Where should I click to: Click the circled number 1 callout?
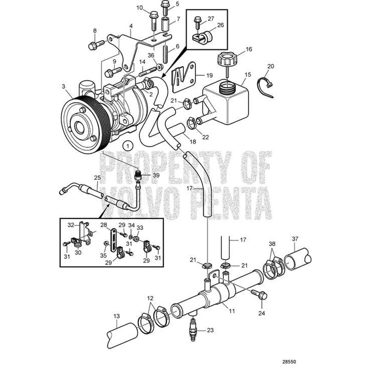[128, 146]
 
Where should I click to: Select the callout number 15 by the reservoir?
[248, 75]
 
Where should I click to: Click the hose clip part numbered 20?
[265, 86]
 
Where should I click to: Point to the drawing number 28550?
[289, 362]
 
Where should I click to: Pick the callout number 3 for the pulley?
[63, 86]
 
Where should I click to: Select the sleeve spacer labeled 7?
[166, 24]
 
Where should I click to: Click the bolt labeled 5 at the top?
[165, 8]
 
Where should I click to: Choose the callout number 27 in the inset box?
[211, 19]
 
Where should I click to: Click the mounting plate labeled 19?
[184, 77]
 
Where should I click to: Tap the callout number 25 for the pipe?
[97, 177]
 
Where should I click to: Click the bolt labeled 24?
[260, 294]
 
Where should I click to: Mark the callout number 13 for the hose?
[117, 316]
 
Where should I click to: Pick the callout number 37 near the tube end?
[295, 239]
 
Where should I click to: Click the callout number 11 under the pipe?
[232, 311]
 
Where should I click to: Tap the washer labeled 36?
[159, 67]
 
